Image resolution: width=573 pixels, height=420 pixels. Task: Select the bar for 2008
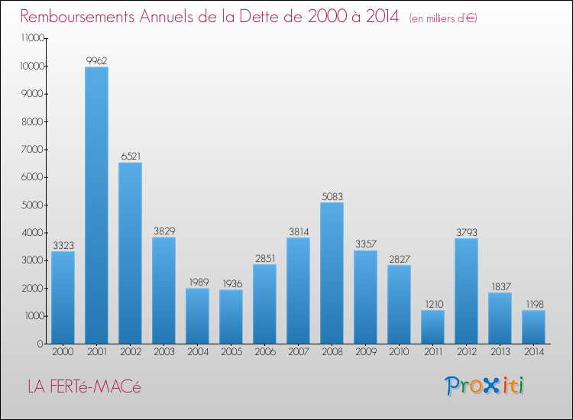[x=332, y=273]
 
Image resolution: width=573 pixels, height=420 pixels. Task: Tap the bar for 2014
[x=533, y=326]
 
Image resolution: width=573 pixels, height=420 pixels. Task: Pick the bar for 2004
[x=197, y=315]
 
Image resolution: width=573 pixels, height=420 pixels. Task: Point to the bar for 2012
[x=466, y=290]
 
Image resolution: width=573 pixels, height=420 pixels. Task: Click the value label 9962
[x=96, y=60]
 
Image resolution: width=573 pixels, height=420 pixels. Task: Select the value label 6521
[x=130, y=155]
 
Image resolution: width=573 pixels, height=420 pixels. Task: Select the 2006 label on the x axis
[x=264, y=353]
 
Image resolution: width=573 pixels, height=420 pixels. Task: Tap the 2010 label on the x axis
[x=399, y=353]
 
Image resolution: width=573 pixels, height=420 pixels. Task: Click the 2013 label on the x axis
[x=500, y=353]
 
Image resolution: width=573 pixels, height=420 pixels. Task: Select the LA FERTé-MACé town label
[x=84, y=387]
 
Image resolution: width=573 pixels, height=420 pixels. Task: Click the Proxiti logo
[x=484, y=386]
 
